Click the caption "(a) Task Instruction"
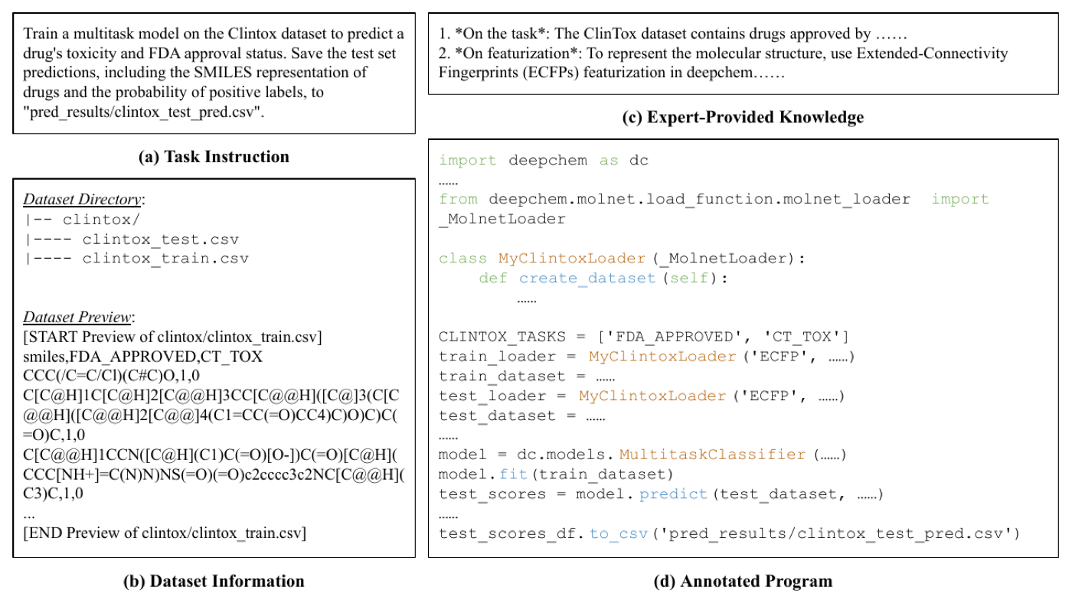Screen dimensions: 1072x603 click(x=214, y=157)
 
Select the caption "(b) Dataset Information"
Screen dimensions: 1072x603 click(x=214, y=581)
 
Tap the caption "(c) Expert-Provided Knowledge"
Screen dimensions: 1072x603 click(x=743, y=117)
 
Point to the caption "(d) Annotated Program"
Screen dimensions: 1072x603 click(x=743, y=581)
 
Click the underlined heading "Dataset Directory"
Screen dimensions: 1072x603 click(x=82, y=200)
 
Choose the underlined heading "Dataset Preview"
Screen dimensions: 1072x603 click(x=77, y=317)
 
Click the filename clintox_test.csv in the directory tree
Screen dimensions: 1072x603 click(x=160, y=239)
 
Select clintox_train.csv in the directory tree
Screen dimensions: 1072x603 click(x=165, y=259)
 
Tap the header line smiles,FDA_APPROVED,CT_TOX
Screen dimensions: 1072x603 click(x=142, y=357)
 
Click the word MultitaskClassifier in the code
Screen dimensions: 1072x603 click(x=712, y=455)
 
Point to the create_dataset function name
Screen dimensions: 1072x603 click(x=587, y=279)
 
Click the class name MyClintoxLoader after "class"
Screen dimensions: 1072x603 click(x=572, y=259)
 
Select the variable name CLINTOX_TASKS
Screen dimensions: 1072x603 click(x=502, y=337)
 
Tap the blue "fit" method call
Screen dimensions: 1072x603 click(x=513, y=474)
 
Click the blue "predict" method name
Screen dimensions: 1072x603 click(x=673, y=494)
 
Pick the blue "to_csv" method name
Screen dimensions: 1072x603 click(x=619, y=533)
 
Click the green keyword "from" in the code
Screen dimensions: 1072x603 click(x=459, y=200)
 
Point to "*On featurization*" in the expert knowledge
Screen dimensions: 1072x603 click(x=518, y=53)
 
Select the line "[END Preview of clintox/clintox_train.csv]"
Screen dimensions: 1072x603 click(x=165, y=533)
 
